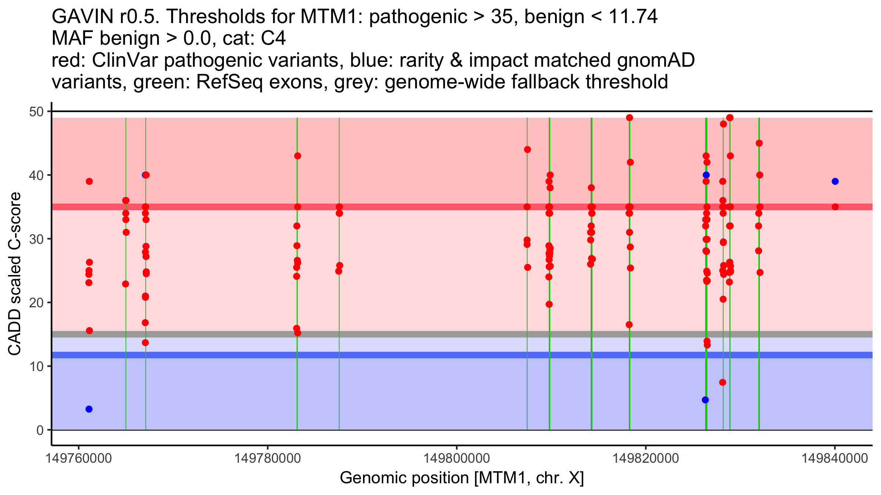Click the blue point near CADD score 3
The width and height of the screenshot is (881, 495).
pos(89,409)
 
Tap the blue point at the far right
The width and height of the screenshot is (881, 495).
pos(835,181)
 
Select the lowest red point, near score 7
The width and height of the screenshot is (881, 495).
pos(722,382)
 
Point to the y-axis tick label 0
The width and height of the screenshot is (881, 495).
pos(40,430)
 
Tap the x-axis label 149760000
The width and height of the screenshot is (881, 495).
pos(79,458)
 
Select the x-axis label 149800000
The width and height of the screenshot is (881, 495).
pos(457,458)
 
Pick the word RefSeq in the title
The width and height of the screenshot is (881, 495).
pos(229,82)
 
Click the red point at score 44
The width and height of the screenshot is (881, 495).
pos(527,150)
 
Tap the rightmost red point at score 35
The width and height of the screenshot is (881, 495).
pos(835,207)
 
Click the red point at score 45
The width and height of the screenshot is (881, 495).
pos(759,143)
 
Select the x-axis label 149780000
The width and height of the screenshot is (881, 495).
pos(268,458)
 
